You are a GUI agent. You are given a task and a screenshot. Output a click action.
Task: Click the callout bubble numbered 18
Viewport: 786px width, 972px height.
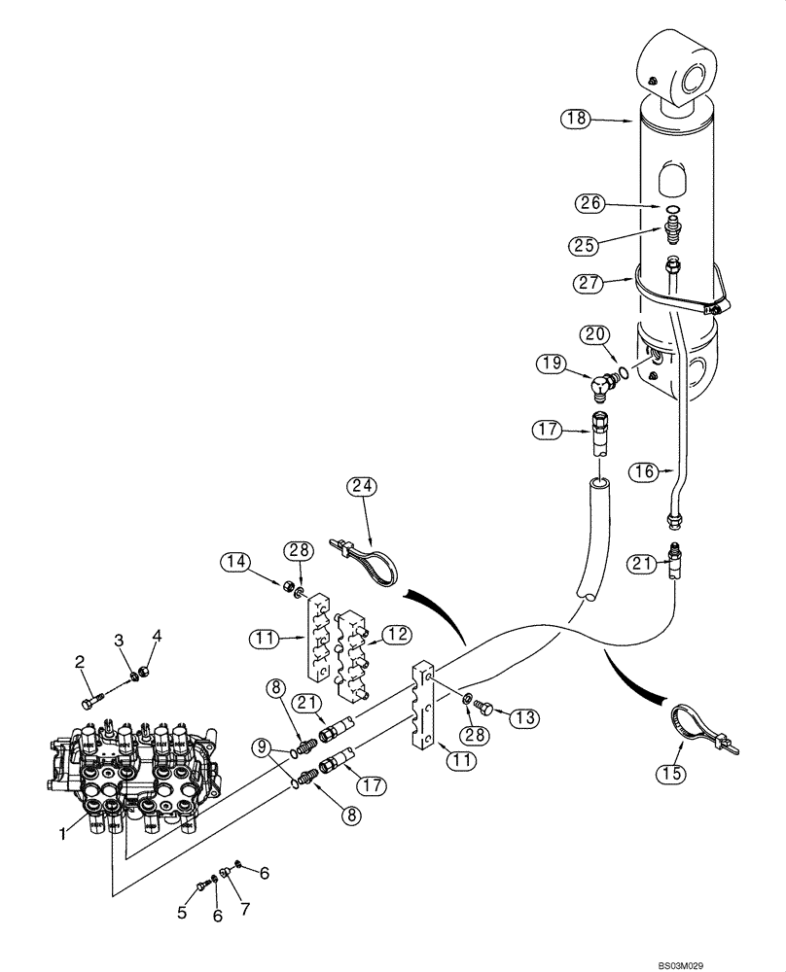click(x=576, y=120)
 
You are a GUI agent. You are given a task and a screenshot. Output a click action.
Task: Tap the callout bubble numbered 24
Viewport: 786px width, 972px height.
click(x=367, y=486)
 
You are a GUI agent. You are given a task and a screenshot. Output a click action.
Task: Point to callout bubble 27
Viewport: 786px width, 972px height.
click(x=588, y=284)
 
